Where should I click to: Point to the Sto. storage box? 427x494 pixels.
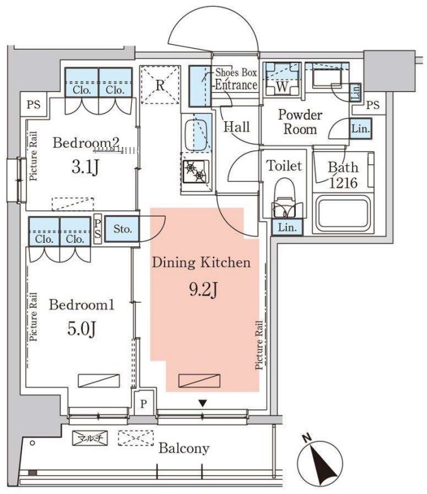[x=123, y=228]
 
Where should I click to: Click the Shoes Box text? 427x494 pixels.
[x=236, y=73]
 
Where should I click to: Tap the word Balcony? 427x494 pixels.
[x=184, y=449]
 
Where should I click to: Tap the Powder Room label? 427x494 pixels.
[x=300, y=122]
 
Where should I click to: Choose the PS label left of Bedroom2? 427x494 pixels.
[x=33, y=105]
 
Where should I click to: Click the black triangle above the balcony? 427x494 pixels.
[x=202, y=403]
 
